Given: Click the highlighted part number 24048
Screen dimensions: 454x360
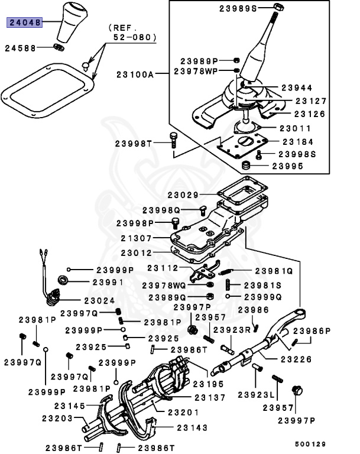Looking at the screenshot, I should (24, 23).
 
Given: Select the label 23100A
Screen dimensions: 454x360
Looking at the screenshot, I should (135, 74).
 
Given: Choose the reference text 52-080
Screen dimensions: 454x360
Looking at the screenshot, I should (135, 37).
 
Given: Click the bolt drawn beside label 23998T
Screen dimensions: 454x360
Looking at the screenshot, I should (173, 140).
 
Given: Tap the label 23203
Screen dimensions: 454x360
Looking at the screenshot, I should (57, 419).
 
